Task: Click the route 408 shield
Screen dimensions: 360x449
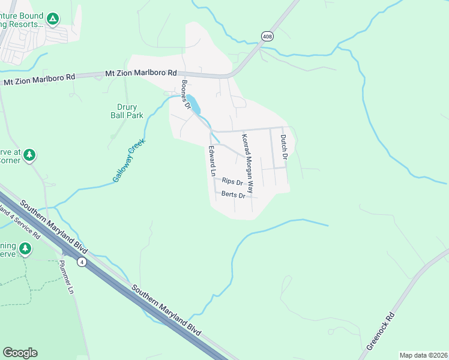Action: point(266,37)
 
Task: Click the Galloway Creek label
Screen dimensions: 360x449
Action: point(129,160)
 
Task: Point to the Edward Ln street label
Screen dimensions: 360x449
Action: point(212,160)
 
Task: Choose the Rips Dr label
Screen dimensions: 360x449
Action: point(232,181)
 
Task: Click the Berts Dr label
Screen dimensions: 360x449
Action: point(234,195)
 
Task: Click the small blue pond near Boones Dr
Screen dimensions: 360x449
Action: point(193,104)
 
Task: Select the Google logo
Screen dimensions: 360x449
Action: point(20,352)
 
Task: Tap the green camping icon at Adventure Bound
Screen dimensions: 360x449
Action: point(53,19)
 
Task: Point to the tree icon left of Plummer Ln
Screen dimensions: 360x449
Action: point(25,248)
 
